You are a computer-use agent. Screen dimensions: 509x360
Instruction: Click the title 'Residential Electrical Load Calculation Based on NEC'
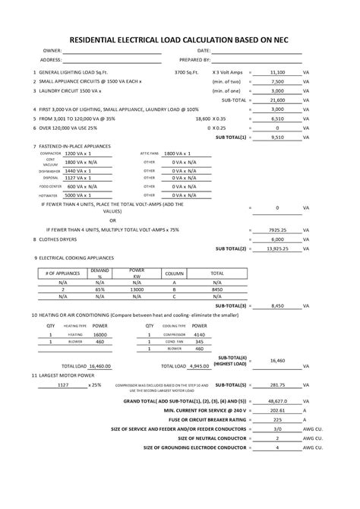pos(180,36)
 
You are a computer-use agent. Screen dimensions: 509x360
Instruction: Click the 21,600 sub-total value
pos(277,100)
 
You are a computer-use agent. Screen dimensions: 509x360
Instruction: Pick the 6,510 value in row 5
pos(277,119)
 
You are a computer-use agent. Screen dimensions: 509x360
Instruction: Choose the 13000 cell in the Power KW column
pos(137,289)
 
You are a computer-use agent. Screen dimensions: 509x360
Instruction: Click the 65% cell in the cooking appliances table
pos(100,289)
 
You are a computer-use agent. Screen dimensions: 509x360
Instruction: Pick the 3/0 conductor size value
pos(277,428)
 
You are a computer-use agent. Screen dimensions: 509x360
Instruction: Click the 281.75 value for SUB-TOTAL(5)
pos(277,384)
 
